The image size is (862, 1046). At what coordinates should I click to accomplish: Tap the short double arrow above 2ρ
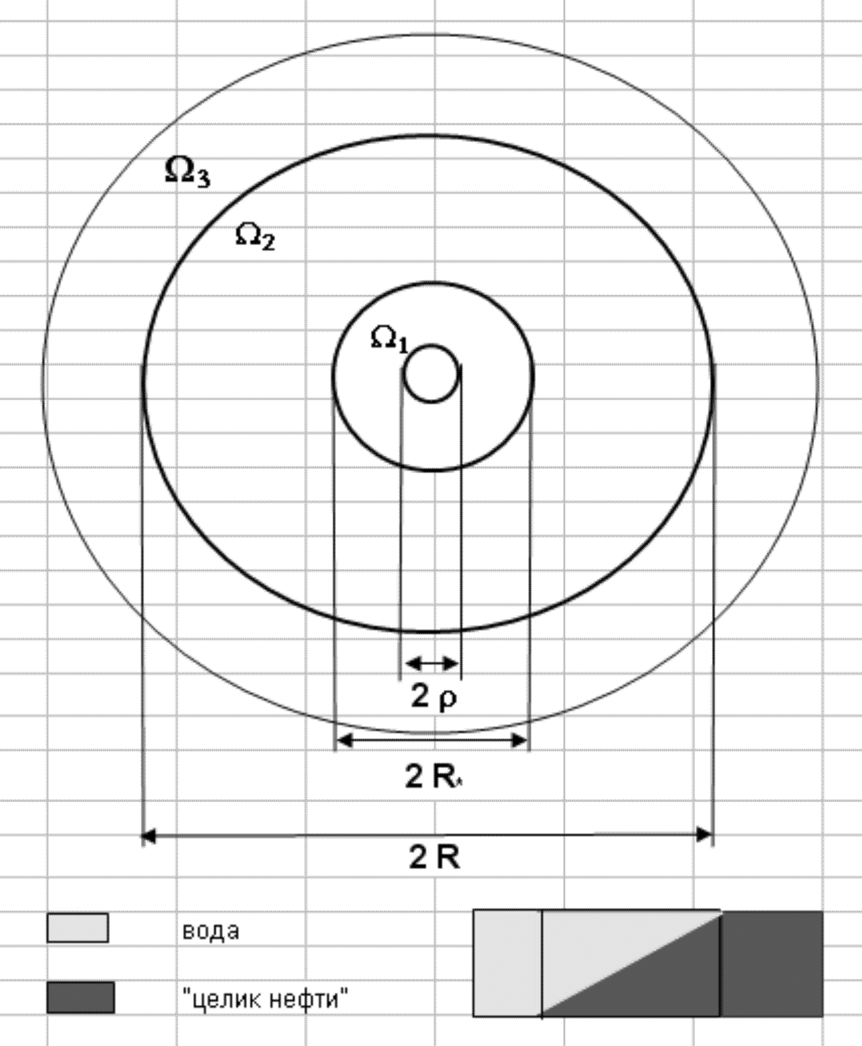[x=432, y=664]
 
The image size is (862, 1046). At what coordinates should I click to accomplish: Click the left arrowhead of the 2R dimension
[x=148, y=836]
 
